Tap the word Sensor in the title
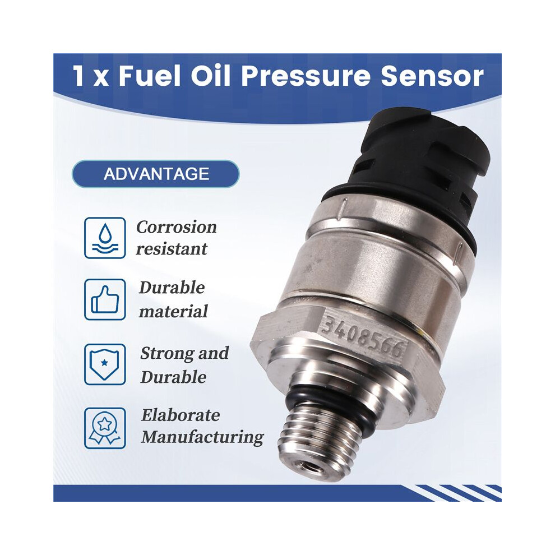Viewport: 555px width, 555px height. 432,76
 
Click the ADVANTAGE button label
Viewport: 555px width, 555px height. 156,174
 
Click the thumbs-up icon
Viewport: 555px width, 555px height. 105,299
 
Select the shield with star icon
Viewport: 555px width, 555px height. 105,364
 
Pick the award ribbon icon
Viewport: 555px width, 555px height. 105,428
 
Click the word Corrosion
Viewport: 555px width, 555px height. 176,227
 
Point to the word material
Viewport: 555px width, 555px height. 173,312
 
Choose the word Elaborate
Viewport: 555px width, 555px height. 181,415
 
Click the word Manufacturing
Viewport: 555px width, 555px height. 202,437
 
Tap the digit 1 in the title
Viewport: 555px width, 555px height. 78,76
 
